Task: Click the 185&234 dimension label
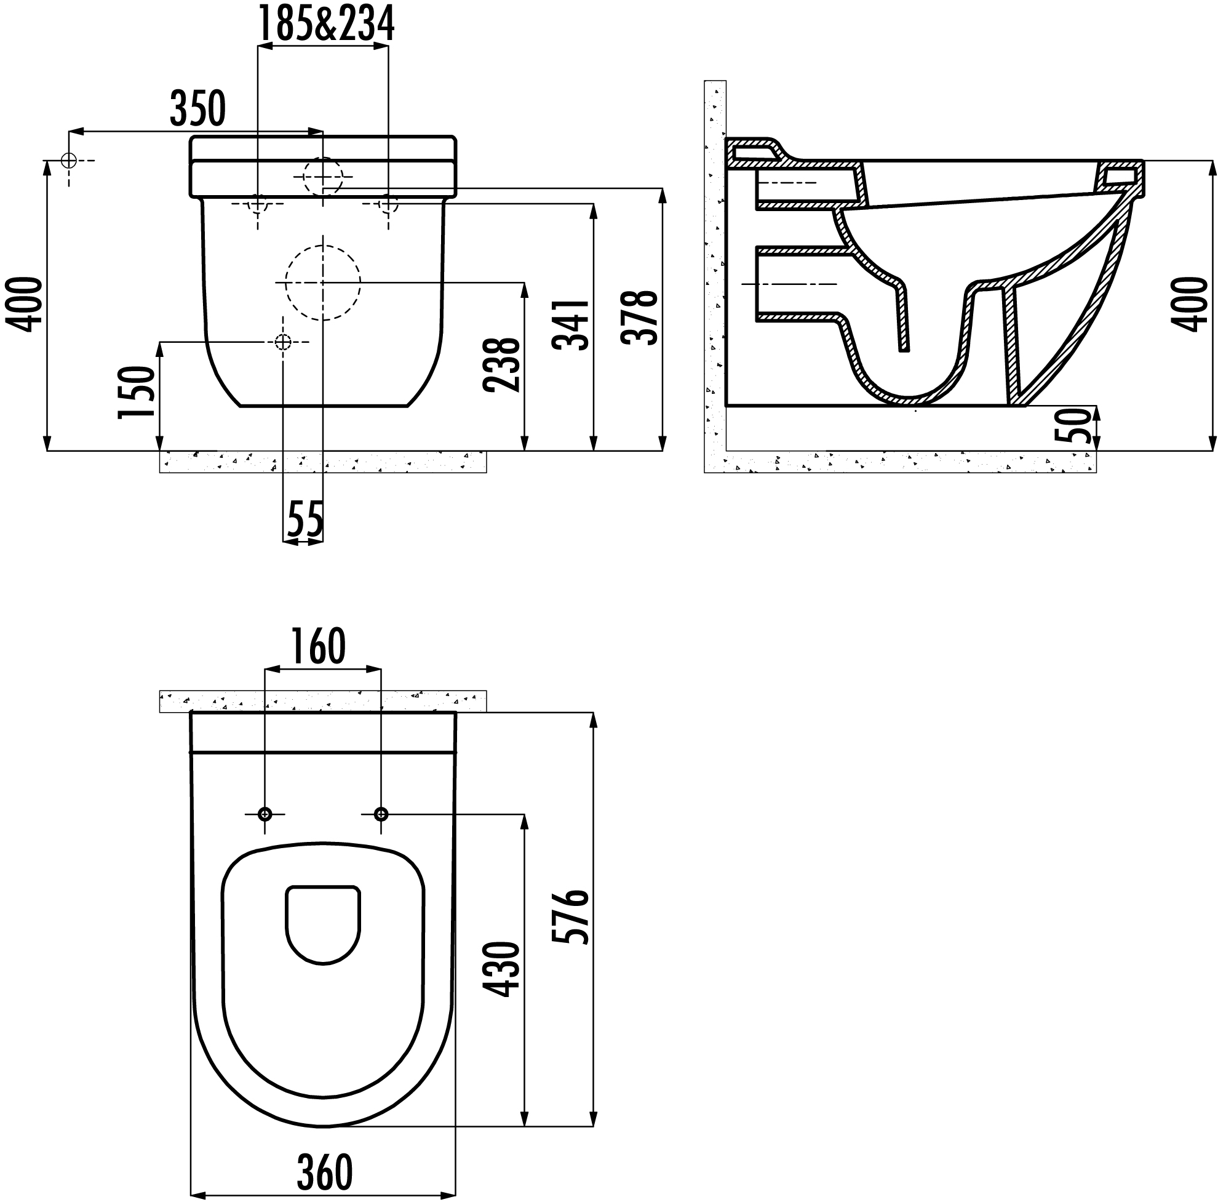tap(326, 25)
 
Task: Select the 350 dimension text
tap(197, 108)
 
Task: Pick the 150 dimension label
tap(137, 391)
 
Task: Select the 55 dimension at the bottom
tap(305, 519)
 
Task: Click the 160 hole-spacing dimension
tap(319, 646)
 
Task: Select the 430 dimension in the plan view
tap(503, 969)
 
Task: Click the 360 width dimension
tap(325, 1173)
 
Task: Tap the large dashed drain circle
tap(323, 282)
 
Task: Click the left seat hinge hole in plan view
tap(265, 814)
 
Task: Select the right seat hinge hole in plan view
tap(381, 814)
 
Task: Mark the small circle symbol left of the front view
tap(69, 161)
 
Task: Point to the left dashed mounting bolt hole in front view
tap(258, 204)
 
